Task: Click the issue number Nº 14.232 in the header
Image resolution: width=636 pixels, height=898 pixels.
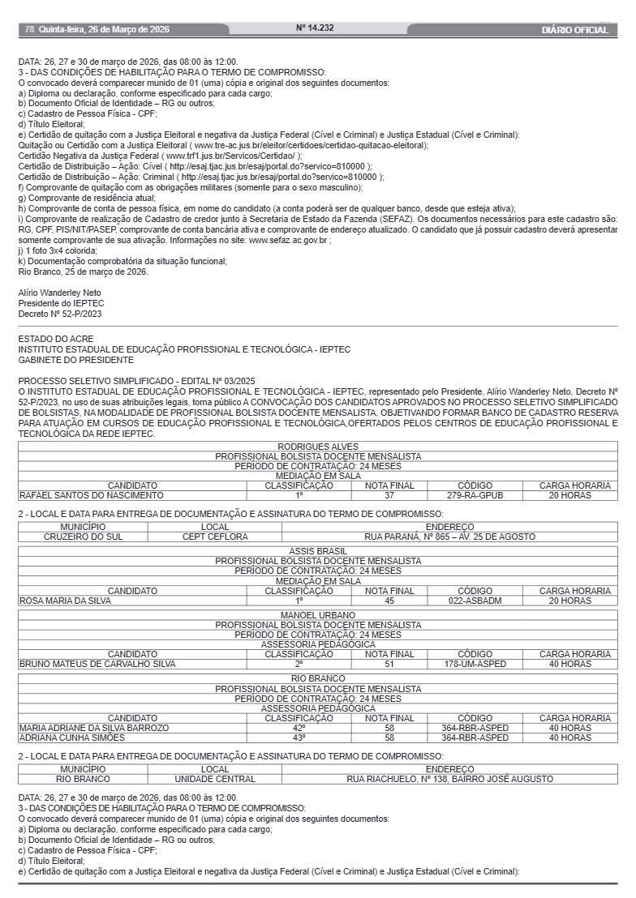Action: [x=315, y=28]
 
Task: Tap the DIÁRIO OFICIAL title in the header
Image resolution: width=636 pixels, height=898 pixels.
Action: [x=574, y=30]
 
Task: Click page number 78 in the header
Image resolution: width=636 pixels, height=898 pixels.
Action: [x=29, y=30]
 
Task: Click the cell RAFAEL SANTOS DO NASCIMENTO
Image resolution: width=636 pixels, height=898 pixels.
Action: [x=91, y=495]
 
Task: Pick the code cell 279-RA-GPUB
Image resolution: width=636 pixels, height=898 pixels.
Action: [x=475, y=495]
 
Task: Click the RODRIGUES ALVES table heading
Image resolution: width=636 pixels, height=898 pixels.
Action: [x=318, y=447]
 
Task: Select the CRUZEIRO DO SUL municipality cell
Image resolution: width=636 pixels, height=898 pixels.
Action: [x=82, y=537]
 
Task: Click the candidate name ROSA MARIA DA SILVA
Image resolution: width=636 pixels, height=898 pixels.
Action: [x=65, y=601]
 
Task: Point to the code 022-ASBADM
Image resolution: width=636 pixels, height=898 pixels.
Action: [x=475, y=601]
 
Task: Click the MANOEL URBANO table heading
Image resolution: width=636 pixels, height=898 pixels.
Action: [x=318, y=615]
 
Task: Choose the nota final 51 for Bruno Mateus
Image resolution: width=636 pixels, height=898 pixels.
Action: [x=389, y=664]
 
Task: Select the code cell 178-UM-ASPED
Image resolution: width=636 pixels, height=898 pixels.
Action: [x=475, y=664]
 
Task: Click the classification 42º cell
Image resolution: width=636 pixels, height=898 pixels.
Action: [x=299, y=728]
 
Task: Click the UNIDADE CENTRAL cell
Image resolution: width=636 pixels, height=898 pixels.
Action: [x=214, y=779]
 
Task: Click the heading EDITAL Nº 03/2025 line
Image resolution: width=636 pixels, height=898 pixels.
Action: [x=136, y=380]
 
